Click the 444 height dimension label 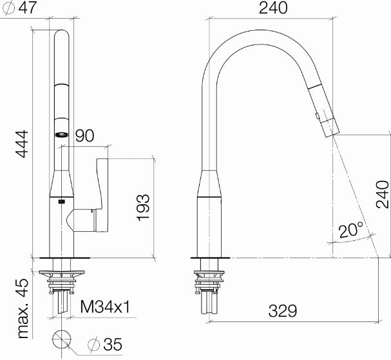23,144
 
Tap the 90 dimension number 85,136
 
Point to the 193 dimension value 143,207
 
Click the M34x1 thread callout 105,307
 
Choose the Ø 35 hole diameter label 105,345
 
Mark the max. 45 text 23,308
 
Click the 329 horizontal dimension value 283,311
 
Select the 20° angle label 351,229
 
